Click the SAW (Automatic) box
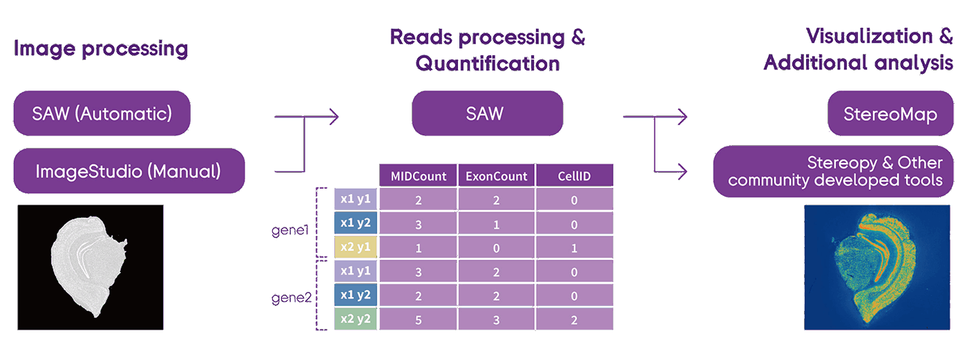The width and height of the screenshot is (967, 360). tap(102, 113)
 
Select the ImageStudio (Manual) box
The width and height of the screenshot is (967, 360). tap(129, 171)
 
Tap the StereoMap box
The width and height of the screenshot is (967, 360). tap(890, 113)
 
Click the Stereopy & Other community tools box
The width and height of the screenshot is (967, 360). tap(833, 171)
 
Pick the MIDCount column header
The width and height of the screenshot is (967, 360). tap(418, 176)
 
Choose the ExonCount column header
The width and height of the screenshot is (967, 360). tap(496, 176)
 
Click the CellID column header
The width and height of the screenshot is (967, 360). tap(574, 176)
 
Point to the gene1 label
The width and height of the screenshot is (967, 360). tap(290, 230)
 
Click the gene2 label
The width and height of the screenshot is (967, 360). tap(291, 298)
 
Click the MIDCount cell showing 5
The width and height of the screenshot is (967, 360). tap(418, 319)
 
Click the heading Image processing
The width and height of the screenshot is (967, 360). tap(101, 49)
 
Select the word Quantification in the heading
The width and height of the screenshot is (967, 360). tap(488, 64)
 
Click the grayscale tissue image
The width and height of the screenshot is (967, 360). tap(90, 267)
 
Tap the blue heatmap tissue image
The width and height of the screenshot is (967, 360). tap(877, 267)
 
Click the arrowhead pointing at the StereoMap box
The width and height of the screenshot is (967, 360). tap(683, 117)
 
